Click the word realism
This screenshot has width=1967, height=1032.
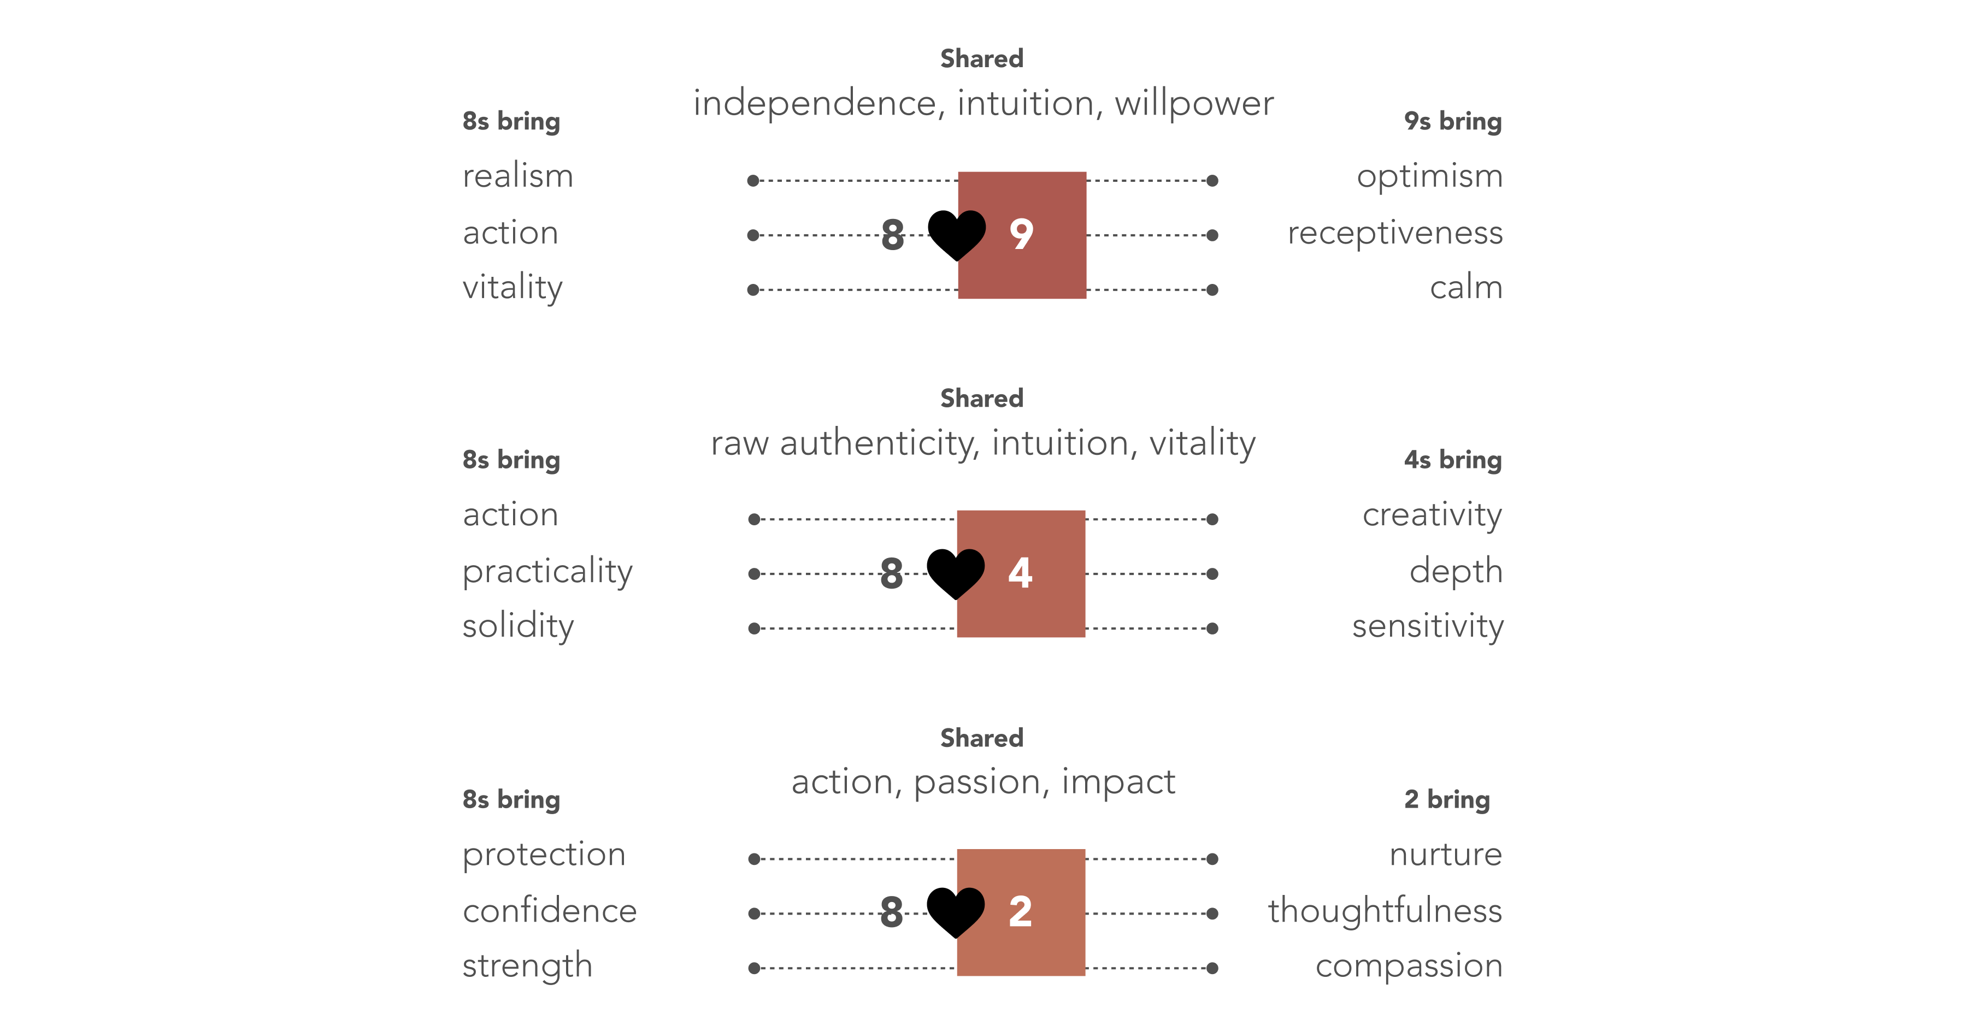tap(518, 176)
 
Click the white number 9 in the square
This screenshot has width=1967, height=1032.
tap(1021, 234)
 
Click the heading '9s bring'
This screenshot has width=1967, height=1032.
tap(1453, 121)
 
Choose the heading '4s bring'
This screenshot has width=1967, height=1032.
tap(1453, 460)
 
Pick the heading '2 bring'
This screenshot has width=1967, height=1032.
tap(1447, 799)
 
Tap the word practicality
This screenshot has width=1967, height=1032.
tap(547, 572)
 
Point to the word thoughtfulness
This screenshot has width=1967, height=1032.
tap(1385, 911)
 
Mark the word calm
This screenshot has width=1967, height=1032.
tap(1466, 288)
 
